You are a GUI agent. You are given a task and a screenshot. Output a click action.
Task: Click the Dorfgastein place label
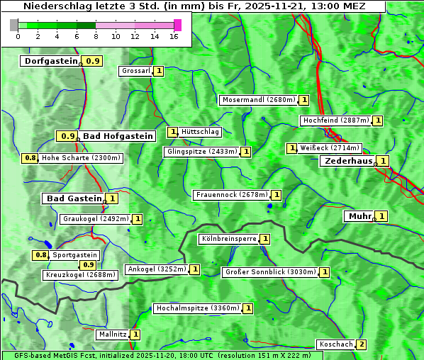coord(50,61)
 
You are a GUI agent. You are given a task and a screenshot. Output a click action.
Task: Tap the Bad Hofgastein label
coord(117,136)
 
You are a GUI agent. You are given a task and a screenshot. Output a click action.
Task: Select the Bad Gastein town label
coord(74,198)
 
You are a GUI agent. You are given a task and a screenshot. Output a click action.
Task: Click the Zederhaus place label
coord(347,161)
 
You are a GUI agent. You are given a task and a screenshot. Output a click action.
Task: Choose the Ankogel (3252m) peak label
coord(157,269)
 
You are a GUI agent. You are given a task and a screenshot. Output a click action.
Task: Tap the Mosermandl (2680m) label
coord(258,100)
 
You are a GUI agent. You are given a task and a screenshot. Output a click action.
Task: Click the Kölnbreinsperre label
coord(228,239)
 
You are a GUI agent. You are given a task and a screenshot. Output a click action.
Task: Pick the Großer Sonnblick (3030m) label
coord(269,271)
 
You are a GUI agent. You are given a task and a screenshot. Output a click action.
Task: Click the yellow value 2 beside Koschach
coord(362,344)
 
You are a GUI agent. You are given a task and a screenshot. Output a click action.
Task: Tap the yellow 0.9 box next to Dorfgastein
coord(93,61)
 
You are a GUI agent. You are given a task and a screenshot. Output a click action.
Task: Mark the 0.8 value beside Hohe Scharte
coord(30,158)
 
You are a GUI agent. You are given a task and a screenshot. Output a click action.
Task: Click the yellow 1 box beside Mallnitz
coord(135,334)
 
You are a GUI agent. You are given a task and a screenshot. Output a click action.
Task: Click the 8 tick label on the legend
coord(96,36)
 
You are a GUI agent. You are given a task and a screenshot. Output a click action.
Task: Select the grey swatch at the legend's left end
coord(14,25)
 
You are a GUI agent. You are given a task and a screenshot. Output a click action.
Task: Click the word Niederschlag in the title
coord(52,6)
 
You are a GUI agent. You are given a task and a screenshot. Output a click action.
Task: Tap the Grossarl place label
coord(135,71)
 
